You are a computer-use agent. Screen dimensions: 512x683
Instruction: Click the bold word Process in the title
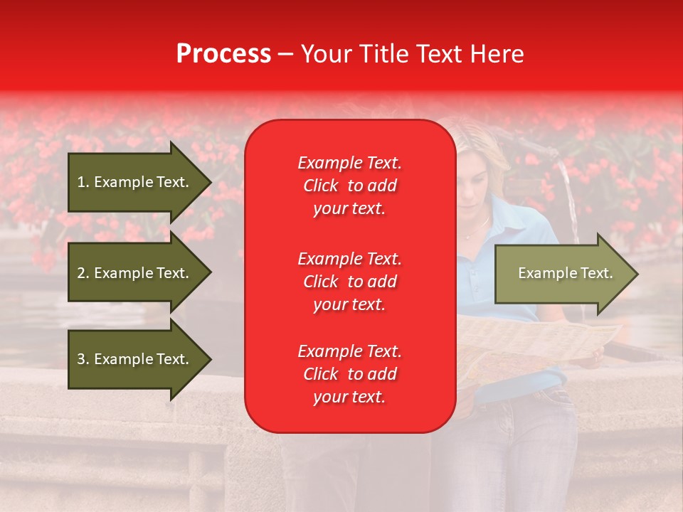click(x=223, y=54)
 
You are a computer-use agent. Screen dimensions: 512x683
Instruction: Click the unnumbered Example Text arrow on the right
click(x=562, y=274)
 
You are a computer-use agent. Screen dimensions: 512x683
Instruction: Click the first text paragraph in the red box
click(x=349, y=186)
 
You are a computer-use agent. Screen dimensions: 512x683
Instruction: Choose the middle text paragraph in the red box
click(x=349, y=282)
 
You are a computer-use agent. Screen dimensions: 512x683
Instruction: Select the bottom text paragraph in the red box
click(x=349, y=374)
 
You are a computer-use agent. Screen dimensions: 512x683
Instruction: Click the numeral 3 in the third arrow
click(x=80, y=359)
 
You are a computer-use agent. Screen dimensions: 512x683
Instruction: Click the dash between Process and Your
click(x=285, y=54)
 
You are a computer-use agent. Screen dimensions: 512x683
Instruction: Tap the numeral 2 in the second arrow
click(x=80, y=273)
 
